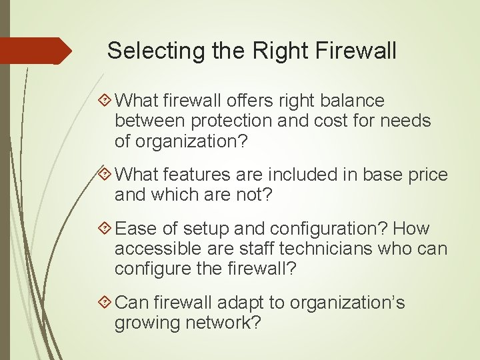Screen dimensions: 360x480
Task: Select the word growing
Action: [x=145, y=324]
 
